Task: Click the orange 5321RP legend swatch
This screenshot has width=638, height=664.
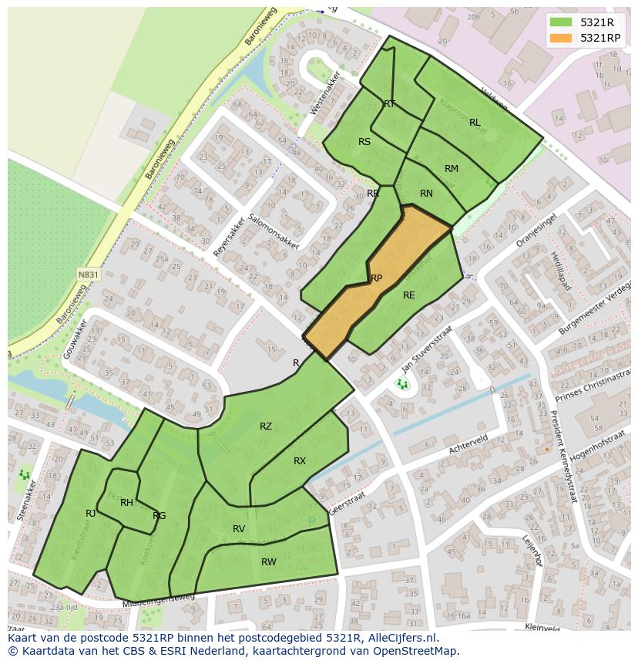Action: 562,38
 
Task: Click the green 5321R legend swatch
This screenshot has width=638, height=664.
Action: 562,22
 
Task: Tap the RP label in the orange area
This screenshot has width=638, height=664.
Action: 376,278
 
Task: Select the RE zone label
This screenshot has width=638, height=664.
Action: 408,295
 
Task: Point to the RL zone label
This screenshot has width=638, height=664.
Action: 475,123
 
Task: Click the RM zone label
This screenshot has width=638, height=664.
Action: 452,169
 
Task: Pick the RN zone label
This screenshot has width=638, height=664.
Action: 426,194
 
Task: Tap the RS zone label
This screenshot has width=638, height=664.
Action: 364,142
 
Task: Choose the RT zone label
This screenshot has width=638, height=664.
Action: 390,104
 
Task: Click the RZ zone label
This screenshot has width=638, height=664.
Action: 266,426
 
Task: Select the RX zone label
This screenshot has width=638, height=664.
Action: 300,461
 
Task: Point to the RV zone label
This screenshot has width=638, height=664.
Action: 239,529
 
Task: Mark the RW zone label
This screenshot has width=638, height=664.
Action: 268,562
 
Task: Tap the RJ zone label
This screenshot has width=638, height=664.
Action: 91,514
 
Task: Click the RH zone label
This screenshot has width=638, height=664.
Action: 127,503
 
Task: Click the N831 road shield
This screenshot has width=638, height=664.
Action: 88,274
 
